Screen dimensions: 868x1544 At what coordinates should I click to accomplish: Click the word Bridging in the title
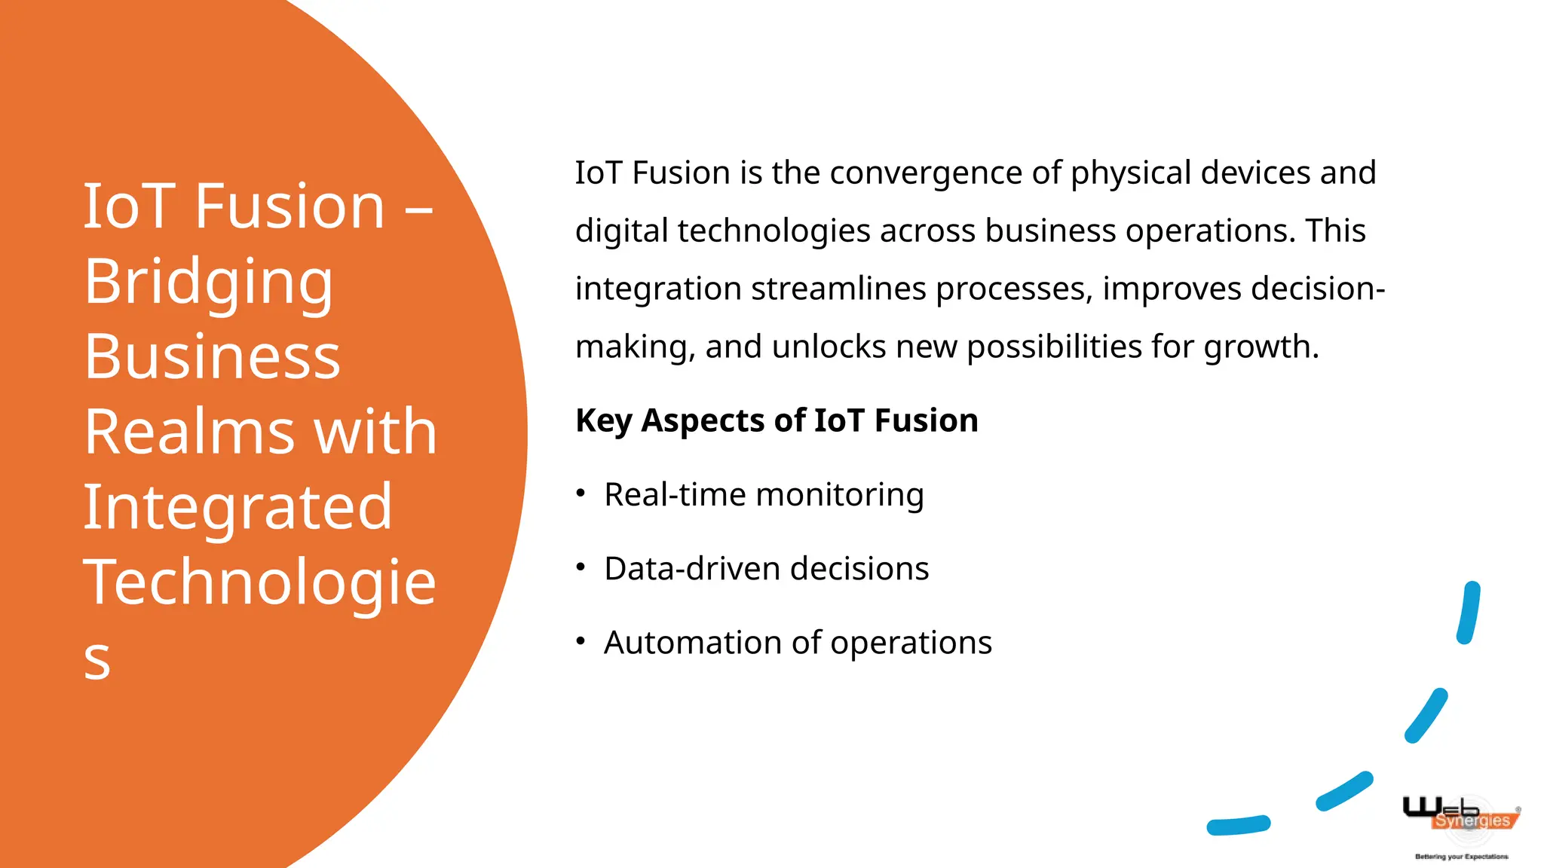point(208,282)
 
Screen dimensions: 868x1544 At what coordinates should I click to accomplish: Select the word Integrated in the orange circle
point(237,507)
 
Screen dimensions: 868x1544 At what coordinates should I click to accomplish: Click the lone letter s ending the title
point(97,659)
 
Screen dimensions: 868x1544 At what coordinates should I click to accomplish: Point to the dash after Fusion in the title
point(419,207)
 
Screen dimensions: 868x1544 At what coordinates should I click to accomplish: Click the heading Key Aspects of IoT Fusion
point(777,420)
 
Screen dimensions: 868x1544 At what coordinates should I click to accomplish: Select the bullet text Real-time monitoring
point(764,495)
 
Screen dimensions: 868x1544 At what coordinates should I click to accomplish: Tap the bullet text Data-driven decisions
point(766,569)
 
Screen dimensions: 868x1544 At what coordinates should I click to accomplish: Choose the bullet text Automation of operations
point(798,643)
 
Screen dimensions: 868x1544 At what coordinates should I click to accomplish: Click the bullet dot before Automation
point(581,641)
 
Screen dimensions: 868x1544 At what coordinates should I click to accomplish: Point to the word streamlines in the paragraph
point(838,289)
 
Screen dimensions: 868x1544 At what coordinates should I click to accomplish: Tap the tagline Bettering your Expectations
point(1461,857)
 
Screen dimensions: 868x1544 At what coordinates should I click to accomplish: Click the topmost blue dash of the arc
point(1469,613)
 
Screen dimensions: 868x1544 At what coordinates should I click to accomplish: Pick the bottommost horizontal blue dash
point(1238,826)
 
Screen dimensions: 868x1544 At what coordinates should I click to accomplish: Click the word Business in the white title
point(212,357)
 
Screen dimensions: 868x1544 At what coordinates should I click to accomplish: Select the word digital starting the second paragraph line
point(621,231)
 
